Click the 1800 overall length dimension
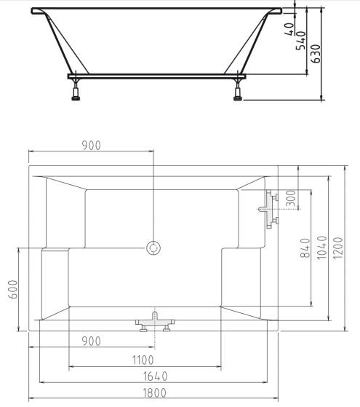(x=155, y=392)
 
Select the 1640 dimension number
(x=156, y=376)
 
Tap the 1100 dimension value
(x=143, y=360)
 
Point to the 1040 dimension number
(x=322, y=248)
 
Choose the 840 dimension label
(x=305, y=248)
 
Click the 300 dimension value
(x=291, y=198)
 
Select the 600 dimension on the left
(x=13, y=289)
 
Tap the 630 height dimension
(x=316, y=54)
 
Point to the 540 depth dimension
(x=301, y=41)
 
